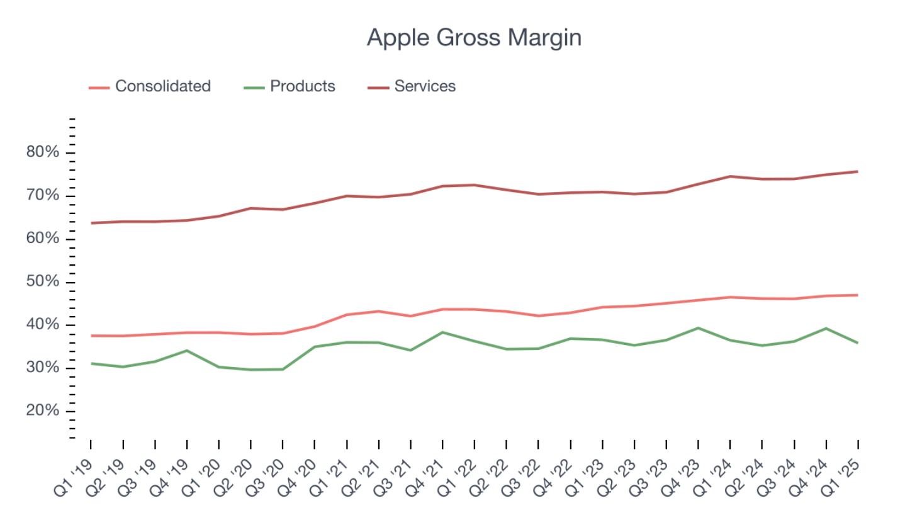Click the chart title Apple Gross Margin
[x=474, y=38]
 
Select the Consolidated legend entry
[x=162, y=86]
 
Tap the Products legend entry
[x=302, y=86]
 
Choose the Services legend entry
[x=425, y=86]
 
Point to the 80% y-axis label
[x=43, y=152]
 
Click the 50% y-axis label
[x=43, y=282]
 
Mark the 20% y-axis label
[x=43, y=411]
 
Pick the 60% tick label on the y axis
[x=43, y=239]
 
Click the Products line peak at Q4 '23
[x=698, y=328]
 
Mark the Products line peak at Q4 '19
[x=186, y=351]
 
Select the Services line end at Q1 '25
[x=858, y=171]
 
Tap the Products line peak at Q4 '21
[x=442, y=332]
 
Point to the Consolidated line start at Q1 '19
[x=91, y=336]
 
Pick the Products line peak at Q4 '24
[x=826, y=329]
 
